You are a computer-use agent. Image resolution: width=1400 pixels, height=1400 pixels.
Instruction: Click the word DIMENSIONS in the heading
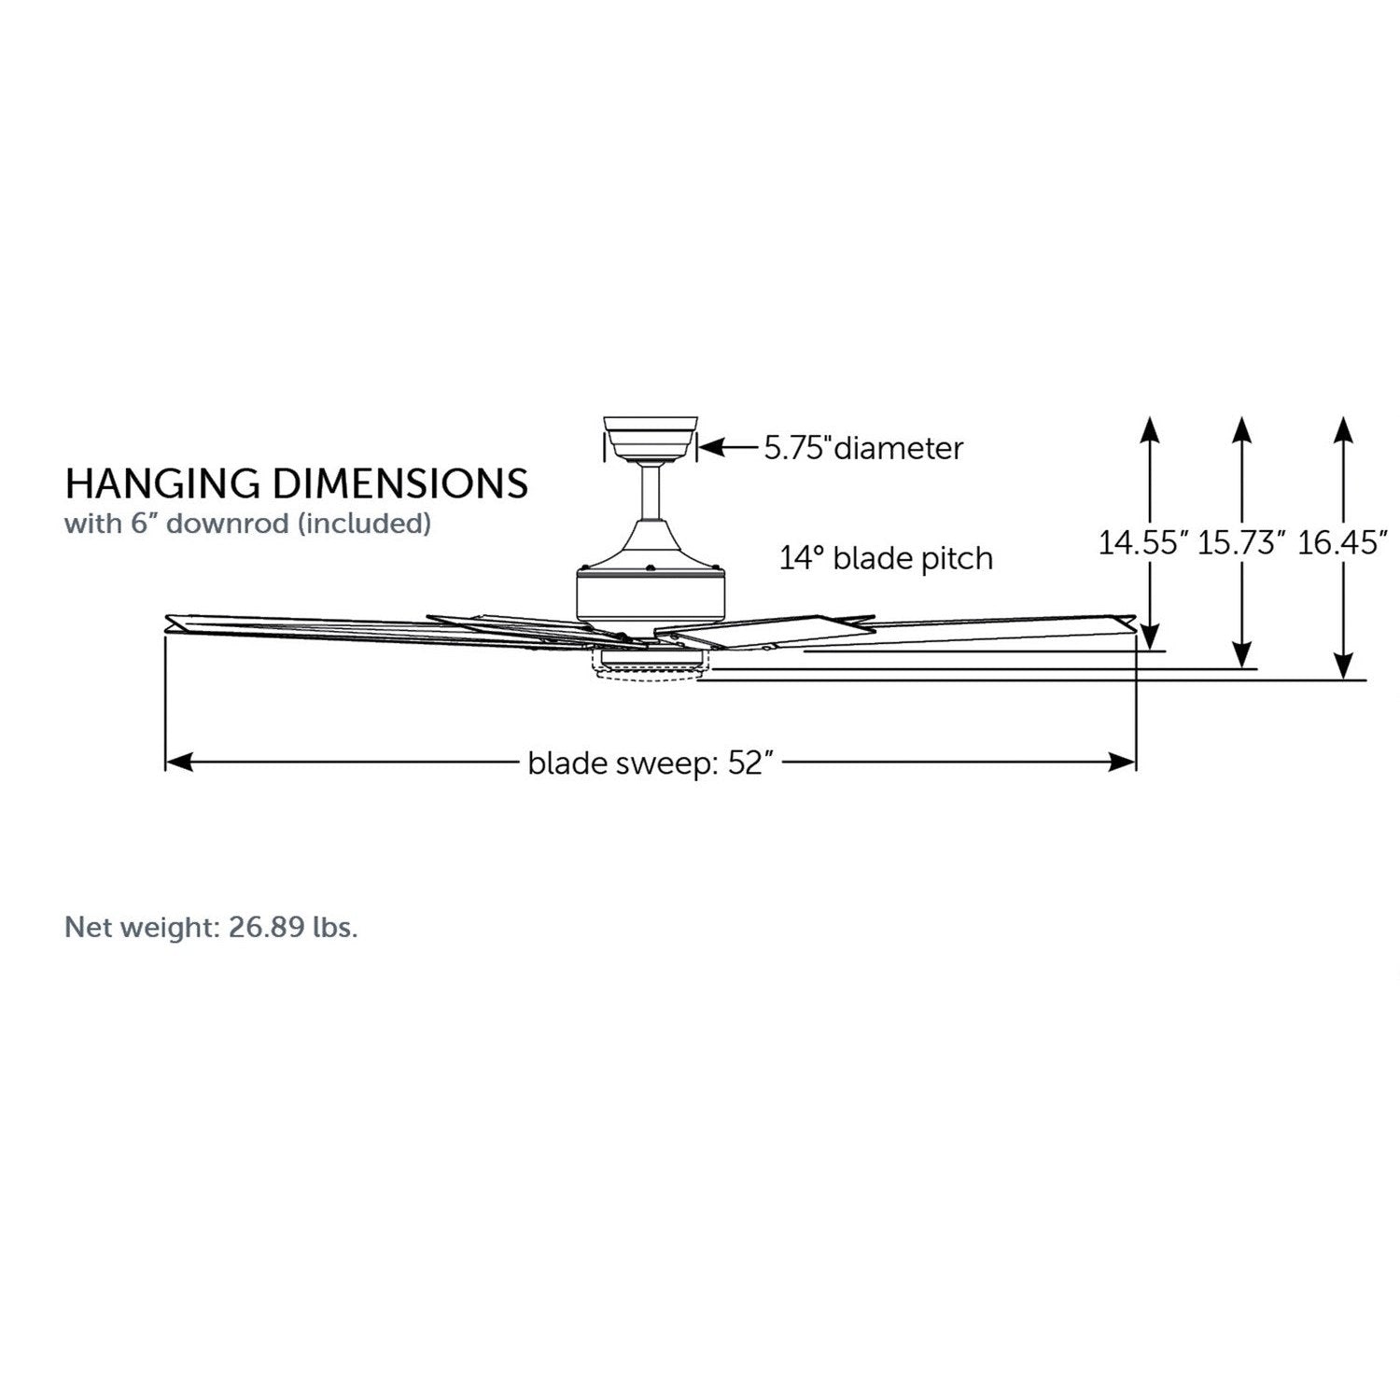pos(400,483)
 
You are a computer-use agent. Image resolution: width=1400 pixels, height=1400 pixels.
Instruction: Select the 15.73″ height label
pos(1241,542)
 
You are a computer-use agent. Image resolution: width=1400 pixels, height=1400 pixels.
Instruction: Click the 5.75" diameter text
pos(863,449)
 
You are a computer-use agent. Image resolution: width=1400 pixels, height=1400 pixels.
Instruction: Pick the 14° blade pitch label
pos(886,559)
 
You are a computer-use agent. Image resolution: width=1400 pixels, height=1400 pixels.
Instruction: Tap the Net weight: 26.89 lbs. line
pos(211,928)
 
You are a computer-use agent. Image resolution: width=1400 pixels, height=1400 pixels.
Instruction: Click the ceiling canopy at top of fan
pos(651,436)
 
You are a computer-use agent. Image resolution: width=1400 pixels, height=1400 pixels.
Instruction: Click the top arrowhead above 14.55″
pos(1150,429)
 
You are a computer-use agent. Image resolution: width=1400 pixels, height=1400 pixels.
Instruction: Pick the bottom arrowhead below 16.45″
pos(1343,665)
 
